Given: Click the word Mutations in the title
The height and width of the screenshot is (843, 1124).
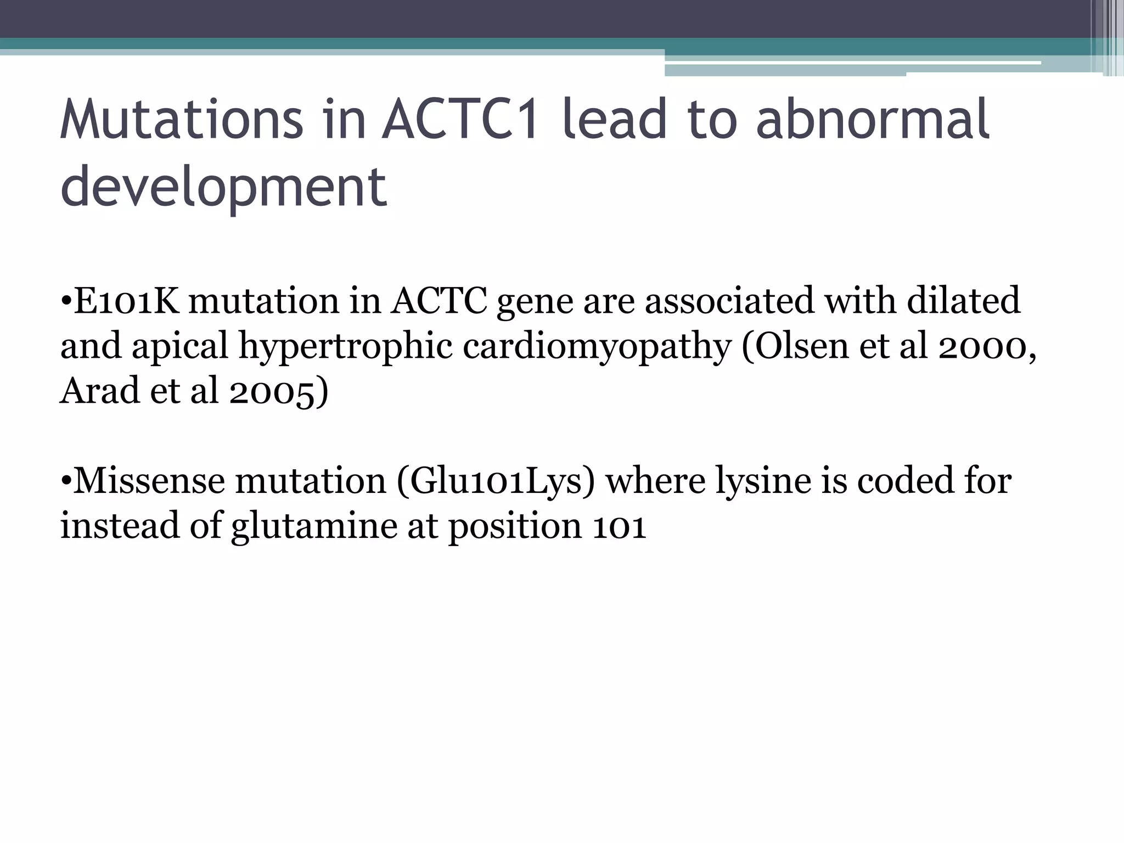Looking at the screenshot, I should [181, 119].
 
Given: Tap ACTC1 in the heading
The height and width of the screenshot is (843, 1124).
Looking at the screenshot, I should [460, 119].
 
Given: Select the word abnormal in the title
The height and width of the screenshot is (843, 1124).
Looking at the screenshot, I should [873, 119].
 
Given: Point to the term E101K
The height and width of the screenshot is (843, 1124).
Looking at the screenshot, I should [126, 301].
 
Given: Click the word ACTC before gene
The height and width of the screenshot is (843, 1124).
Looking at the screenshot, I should [439, 301].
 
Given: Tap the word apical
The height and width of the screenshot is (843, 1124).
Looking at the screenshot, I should [179, 346].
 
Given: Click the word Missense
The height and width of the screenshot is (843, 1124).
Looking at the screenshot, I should [149, 481].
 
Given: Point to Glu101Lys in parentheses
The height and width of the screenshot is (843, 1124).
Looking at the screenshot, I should [496, 481].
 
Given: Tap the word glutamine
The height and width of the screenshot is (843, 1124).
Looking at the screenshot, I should [314, 526].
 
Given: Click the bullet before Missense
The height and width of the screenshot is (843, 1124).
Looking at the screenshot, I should [66, 481].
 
